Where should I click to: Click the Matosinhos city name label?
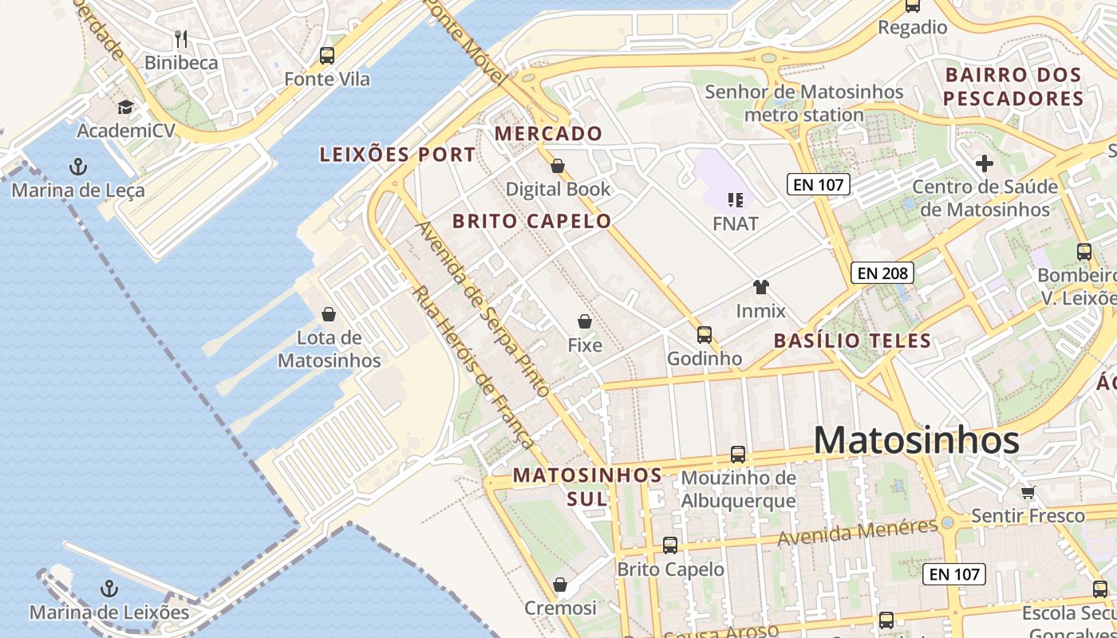917,440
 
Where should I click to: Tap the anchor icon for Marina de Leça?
78,167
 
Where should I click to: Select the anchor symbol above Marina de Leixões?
109,589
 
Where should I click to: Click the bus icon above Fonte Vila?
327,56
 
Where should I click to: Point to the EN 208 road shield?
882,273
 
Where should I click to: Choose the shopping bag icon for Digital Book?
558,166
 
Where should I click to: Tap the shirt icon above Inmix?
761,287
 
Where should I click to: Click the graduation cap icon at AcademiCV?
125,108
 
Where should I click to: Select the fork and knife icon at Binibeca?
181,38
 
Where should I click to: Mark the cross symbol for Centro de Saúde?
985,163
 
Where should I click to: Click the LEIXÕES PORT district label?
397,155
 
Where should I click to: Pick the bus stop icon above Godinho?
704,335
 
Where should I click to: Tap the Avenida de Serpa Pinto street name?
484,309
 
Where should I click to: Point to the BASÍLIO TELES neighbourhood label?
852,341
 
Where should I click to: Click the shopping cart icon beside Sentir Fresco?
1028,492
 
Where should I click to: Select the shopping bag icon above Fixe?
585,321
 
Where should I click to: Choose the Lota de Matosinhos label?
330,349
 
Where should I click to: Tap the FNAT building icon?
736,199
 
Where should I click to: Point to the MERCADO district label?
549,133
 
